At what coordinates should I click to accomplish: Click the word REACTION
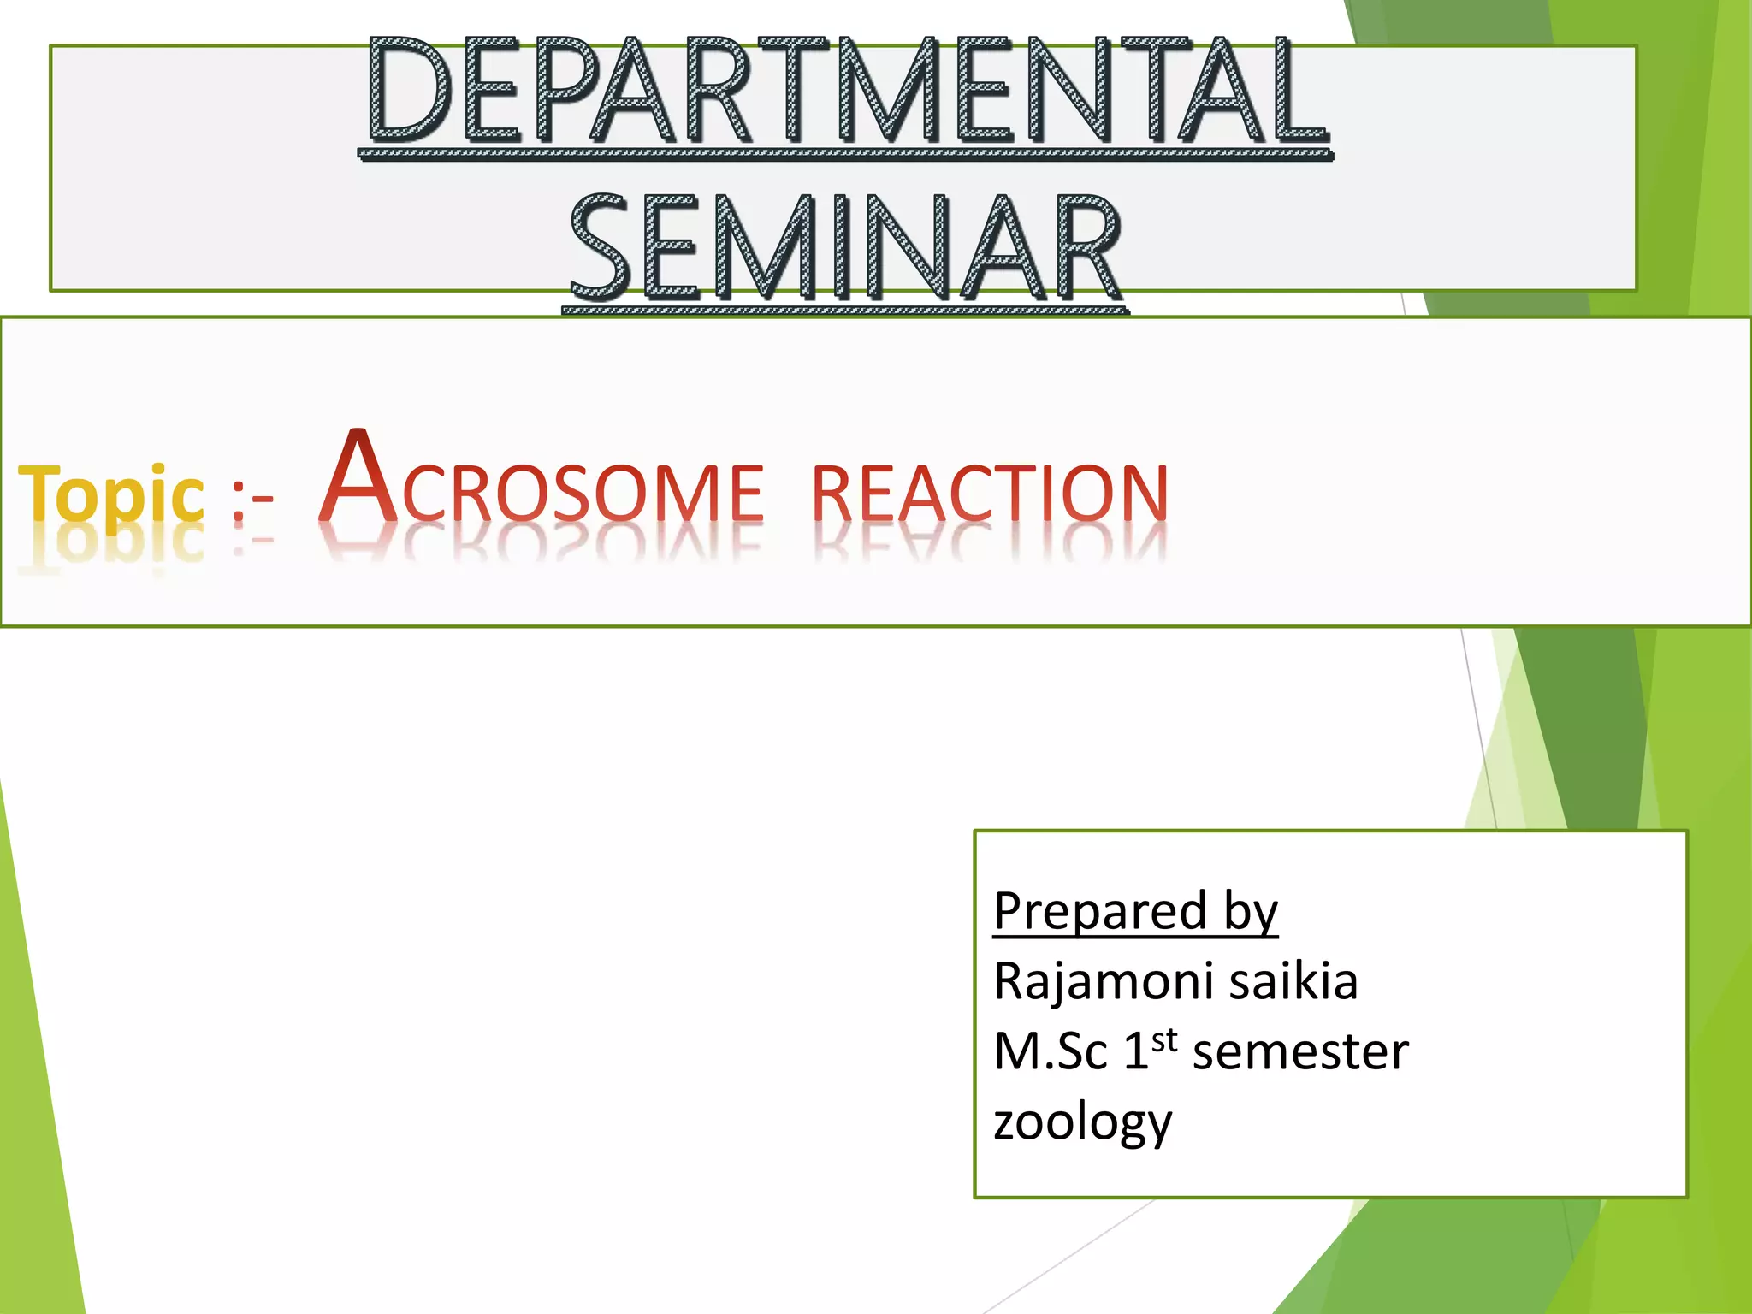[990, 494]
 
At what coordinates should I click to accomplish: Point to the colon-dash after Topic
[252, 499]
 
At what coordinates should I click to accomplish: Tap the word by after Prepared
[1250, 912]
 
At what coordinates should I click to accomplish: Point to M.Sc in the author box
[1050, 1051]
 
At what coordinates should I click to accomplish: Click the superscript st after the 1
[1164, 1040]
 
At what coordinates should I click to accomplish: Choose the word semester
[1300, 1053]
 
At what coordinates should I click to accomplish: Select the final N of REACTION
[1140, 494]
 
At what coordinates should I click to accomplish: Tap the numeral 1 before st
[1135, 1051]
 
